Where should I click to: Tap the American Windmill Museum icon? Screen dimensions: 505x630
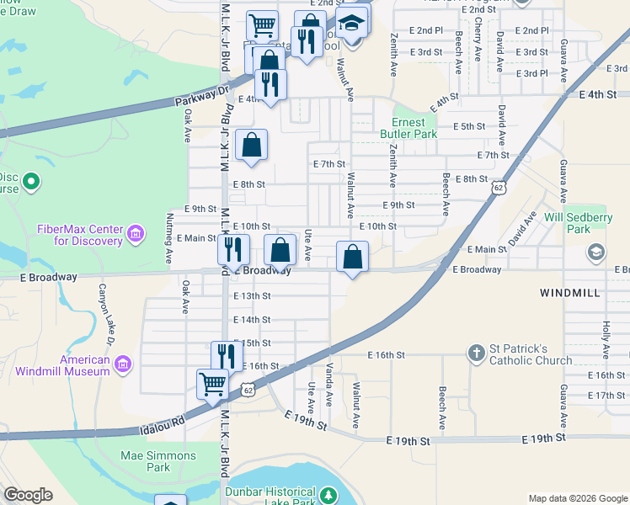click(124, 364)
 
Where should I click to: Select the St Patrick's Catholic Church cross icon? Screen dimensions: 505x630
click(476, 351)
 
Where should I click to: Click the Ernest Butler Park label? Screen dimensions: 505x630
click(414, 128)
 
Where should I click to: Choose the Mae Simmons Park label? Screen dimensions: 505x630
click(158, 461)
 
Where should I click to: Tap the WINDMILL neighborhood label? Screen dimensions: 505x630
click(569, 292)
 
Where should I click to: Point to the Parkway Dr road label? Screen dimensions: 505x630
click(202, 96)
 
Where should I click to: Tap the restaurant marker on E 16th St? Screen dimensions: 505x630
click(226, 355)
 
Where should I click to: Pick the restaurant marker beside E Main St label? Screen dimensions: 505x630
click(233, 248)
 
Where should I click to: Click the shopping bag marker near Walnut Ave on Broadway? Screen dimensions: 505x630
click(352, 257)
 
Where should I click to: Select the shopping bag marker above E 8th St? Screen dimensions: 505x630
click(252, 145)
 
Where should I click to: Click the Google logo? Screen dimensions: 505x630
click(29, 495)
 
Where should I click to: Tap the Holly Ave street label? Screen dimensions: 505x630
click(606, 338)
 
